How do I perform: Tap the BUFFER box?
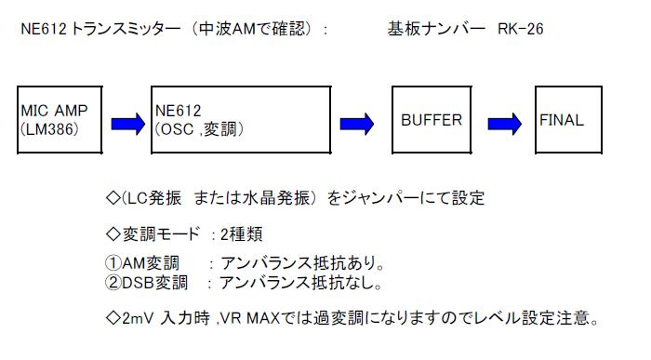point(432,120)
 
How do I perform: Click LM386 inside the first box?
point(50,129)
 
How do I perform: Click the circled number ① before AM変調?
point(114,263)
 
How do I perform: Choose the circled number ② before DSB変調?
point(114,281)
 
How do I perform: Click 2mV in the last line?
point(137,317)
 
